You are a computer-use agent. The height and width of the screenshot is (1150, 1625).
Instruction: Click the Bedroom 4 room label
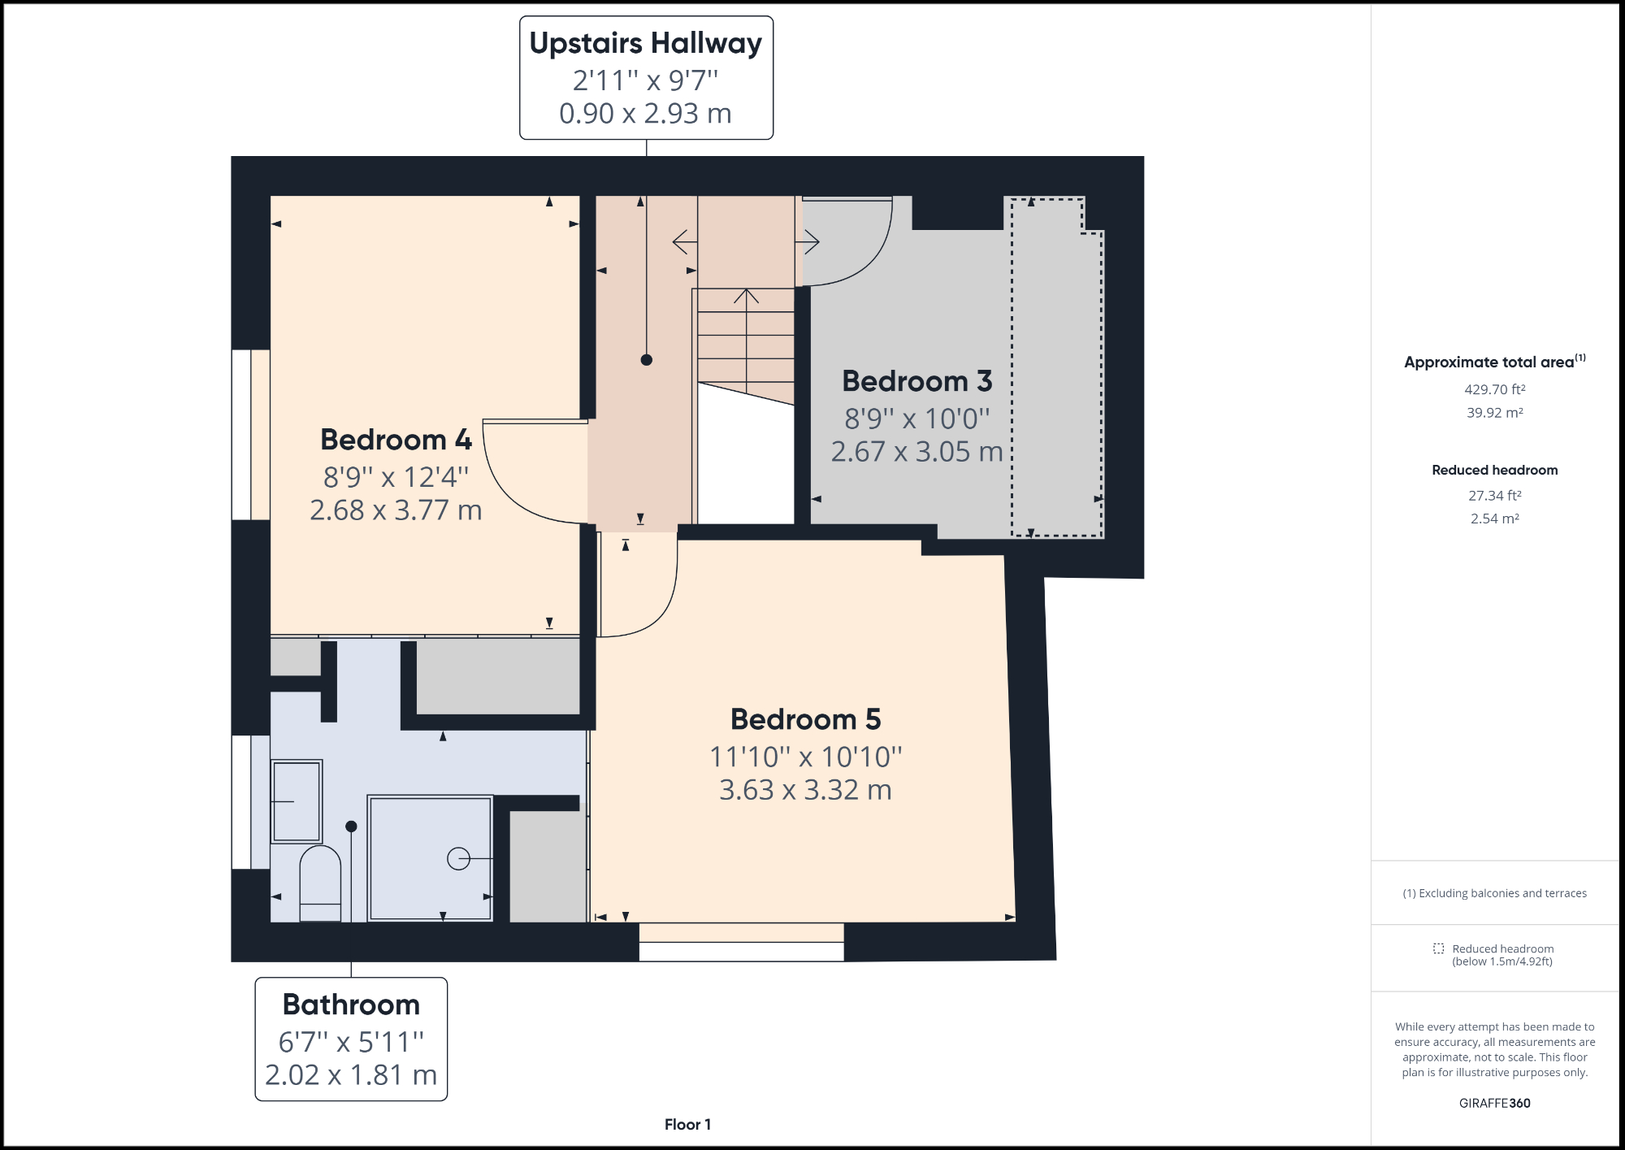tap(396, 440)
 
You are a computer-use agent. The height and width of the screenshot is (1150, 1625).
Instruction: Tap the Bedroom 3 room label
tap(916, 381)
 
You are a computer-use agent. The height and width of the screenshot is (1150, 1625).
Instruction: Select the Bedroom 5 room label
tap(805, 719)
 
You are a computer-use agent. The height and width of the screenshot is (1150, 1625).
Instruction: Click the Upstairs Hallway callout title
tap(646, 43)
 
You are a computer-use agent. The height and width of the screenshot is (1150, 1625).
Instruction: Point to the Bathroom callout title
tap(351, 1005)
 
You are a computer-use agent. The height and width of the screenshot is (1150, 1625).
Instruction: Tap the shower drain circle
tap(458, 858)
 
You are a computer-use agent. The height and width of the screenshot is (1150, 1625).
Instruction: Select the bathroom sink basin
tap(297, 801)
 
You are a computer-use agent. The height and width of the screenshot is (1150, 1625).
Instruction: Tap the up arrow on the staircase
tap(746, 296)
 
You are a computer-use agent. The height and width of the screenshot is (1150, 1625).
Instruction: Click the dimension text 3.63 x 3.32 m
tap(805, 790)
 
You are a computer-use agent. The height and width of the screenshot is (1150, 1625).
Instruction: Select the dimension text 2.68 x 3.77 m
tap(396, 510)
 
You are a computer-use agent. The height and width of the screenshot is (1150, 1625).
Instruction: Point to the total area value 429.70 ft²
tap(1494, 389)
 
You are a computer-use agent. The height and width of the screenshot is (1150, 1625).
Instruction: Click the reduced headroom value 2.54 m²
tap(1494, 519)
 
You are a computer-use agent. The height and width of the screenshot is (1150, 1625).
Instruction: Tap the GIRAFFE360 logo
tap(1494, 1103)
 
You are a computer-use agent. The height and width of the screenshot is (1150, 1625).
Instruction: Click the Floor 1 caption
tap(687, 1124)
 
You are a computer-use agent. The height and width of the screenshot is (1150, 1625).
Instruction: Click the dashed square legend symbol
tap(1438, 948)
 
